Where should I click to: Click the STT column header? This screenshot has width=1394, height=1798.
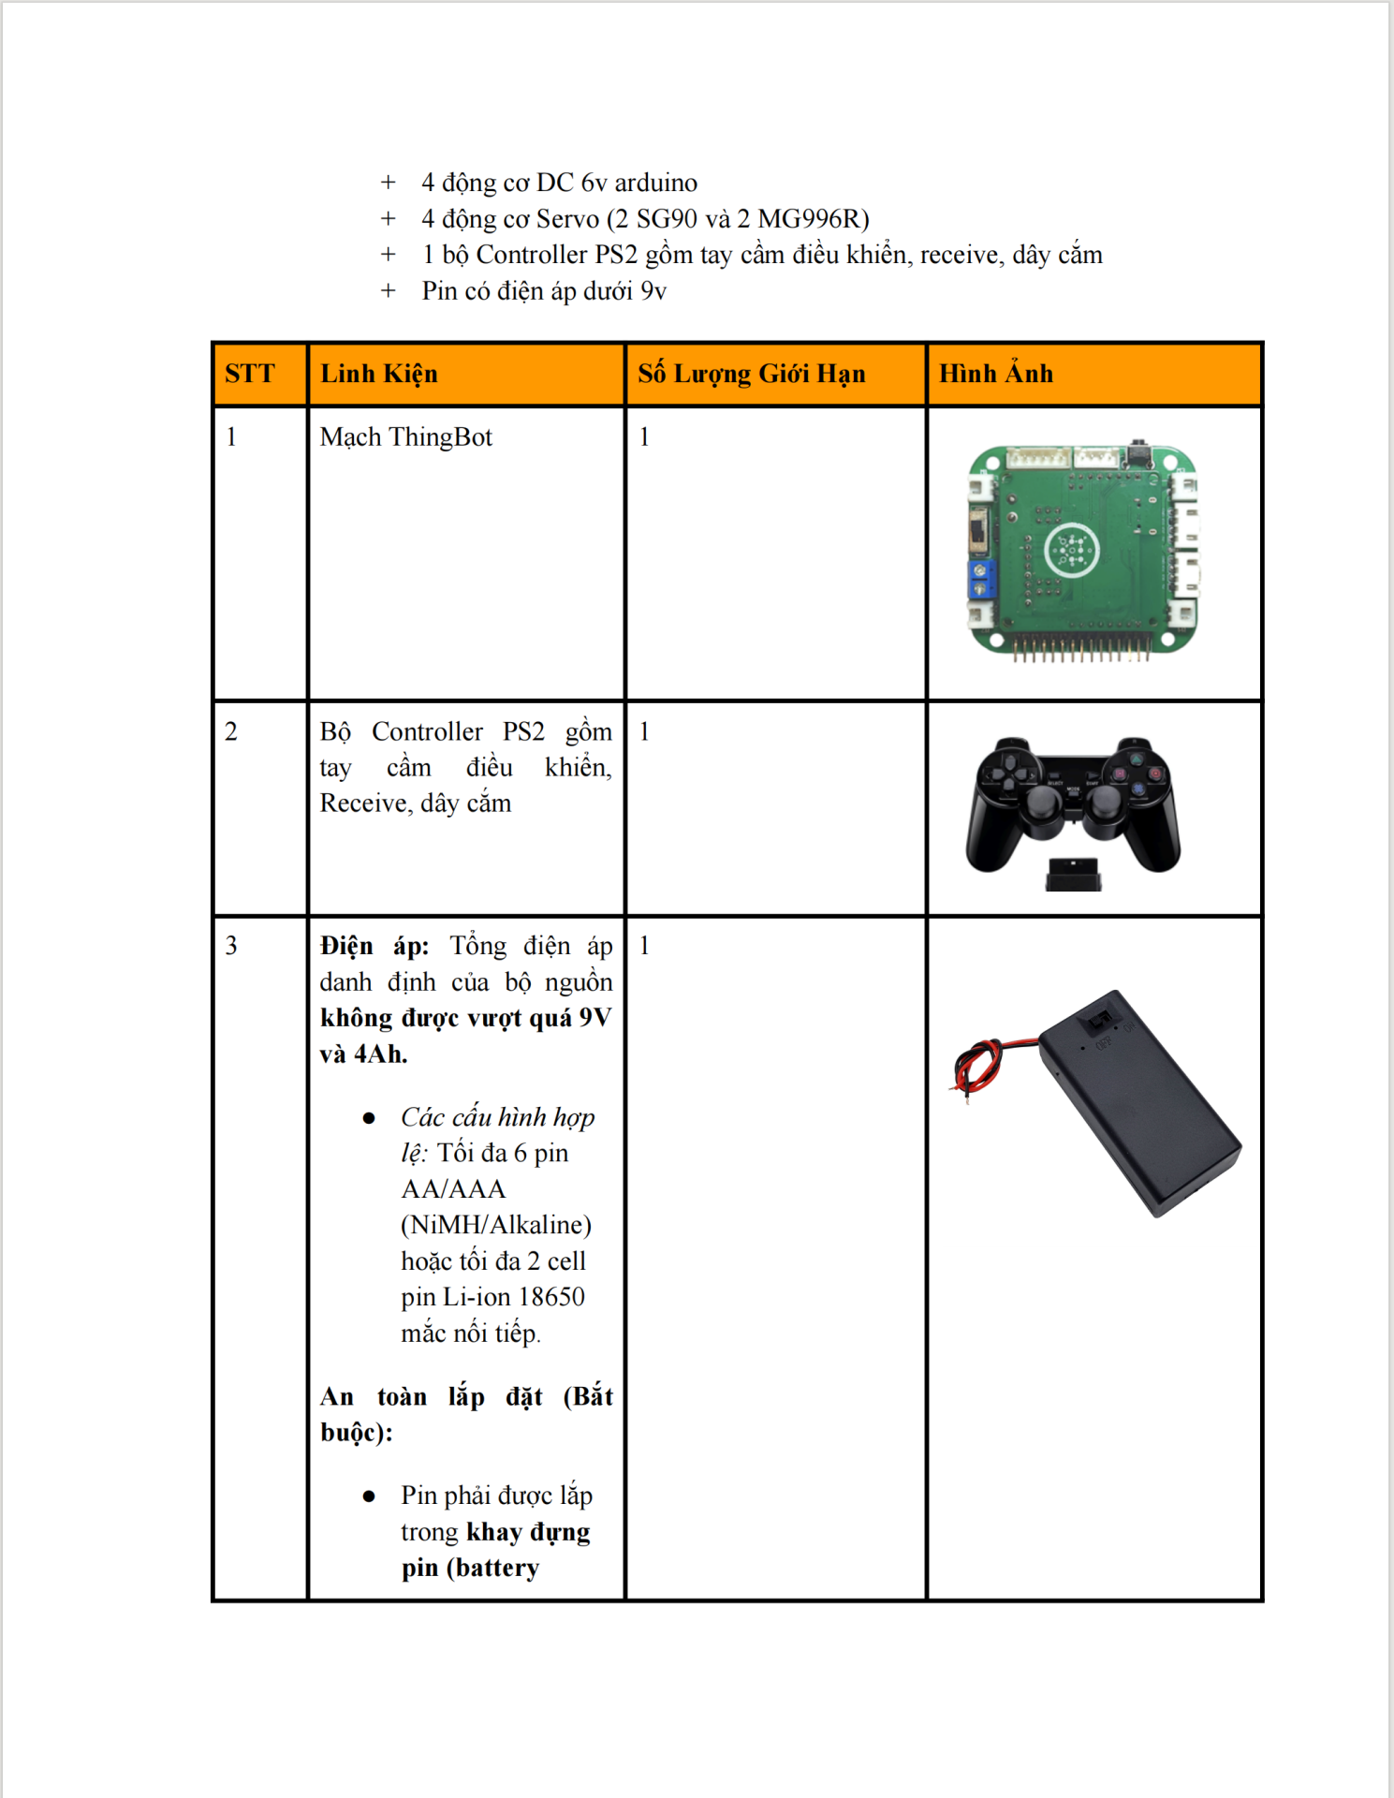tap(250, 374)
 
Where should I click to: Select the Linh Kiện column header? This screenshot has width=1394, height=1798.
tap(379, 374)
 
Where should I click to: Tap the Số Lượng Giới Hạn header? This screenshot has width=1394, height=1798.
tap(751, 374)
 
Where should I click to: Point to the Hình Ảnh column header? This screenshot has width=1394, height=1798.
tap(996, 374)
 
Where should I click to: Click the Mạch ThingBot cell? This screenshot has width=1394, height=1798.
tap(405, 437)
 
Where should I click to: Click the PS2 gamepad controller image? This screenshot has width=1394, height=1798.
tap(1073, 801)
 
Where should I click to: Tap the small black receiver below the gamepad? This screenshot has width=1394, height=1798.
tap(1073, 874)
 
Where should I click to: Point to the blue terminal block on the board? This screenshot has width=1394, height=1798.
tap(980, 580)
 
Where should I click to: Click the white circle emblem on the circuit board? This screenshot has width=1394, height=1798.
tap(1071, 550)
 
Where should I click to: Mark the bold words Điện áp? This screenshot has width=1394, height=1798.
tap(374, 946)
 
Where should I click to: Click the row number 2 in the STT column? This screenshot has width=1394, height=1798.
tap(231, 731)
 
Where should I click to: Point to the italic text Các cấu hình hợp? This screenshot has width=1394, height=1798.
tap(497, 1117)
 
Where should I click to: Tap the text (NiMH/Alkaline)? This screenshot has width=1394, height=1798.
tap(496, 1225)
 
